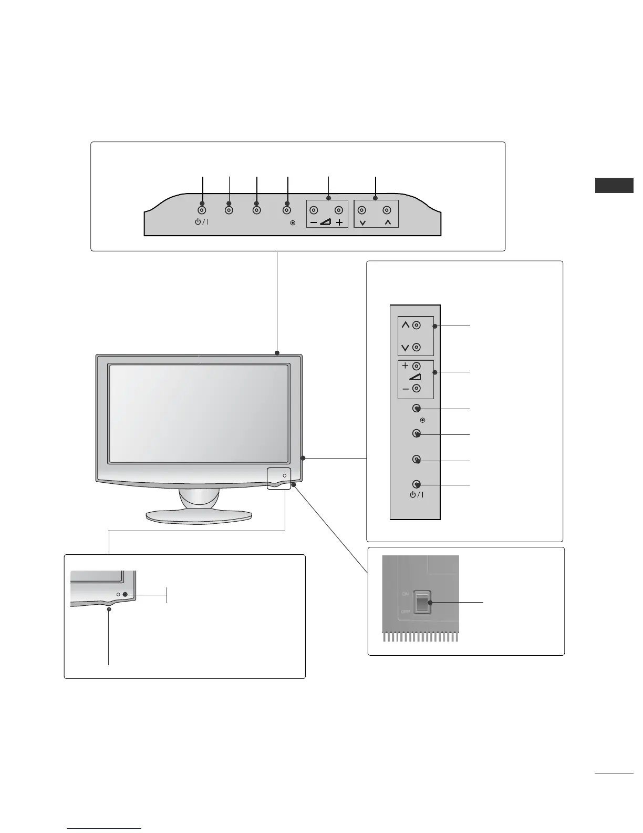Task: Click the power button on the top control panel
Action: click(x=202, y=210)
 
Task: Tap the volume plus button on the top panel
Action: click(x=339, y=210)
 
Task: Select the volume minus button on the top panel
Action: click(x=313, y=210)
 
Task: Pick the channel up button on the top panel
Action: click(x=387, y=210)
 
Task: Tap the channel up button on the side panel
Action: click(x=416, y=325)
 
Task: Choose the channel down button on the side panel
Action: click(x=416, y=347)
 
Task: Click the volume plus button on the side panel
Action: click(x=416, y=366)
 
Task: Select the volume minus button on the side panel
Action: click(x=416, y=389)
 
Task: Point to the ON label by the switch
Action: click(x=405, y=594)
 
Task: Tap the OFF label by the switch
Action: click(x=405, y=612)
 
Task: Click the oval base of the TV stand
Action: click(x=199, y=516)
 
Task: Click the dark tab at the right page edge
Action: click(x=614, y=186)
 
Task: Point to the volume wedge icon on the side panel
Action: click(x=415, y=378)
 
